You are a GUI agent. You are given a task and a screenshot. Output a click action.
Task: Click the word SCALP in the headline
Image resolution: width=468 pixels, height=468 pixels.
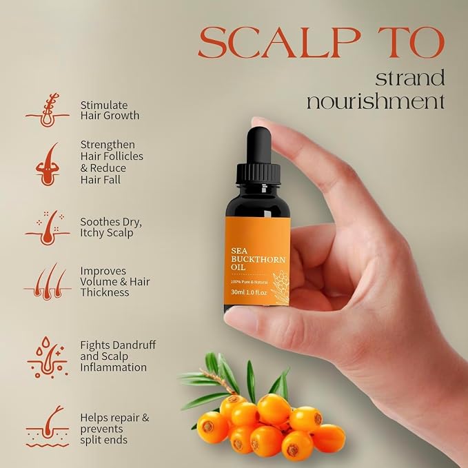click(279, 42)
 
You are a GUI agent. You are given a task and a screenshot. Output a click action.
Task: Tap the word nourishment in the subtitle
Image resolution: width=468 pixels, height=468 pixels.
click(376, 101)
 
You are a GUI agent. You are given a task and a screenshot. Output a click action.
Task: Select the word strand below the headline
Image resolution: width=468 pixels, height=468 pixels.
click(410, 78)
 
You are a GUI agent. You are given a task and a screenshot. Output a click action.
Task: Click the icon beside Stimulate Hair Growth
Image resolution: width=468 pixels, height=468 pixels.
click(48, 110)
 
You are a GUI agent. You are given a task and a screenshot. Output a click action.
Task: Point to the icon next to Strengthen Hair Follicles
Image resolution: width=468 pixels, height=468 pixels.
click(48, 165)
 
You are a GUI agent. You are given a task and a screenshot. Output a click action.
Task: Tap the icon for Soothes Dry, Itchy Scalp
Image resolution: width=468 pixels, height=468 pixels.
click(48, 227)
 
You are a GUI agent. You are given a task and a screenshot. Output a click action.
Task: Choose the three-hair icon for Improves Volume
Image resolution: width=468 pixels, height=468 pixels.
click(48, 281)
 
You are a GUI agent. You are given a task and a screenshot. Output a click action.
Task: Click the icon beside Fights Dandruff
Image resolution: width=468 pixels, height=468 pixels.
click(48, 357)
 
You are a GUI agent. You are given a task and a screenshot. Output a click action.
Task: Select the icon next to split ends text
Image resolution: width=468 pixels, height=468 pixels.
click(48, 426)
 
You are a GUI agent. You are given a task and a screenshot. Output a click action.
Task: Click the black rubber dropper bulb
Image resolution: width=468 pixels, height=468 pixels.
click(258, 145)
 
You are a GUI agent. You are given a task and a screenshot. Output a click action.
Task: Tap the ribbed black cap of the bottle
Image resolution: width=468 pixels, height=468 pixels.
click(258, 174)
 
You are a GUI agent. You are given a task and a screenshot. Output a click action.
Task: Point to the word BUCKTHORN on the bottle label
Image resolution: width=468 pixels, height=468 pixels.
click(258, 259)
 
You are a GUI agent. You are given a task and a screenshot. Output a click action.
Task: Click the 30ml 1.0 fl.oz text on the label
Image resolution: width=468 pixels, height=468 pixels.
click(249, 292)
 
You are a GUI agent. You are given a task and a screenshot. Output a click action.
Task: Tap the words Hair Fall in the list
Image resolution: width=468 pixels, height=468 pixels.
click(101, 180)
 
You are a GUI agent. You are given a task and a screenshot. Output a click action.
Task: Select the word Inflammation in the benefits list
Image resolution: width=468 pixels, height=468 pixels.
click(114, 367)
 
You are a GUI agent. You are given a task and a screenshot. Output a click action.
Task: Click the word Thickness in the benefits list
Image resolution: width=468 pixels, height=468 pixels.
click(105, 292)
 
